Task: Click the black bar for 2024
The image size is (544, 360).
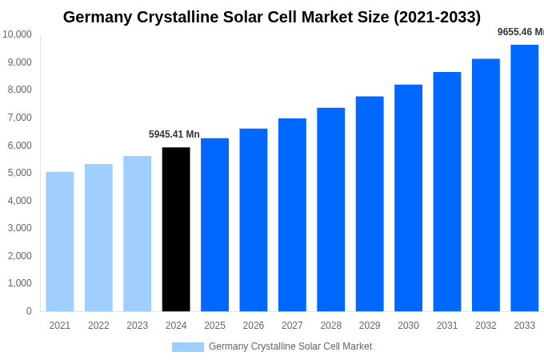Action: [176, 229]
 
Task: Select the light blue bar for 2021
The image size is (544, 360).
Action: [60, 242]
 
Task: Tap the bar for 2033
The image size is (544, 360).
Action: [525, 178]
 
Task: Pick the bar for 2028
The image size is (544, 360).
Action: [330, 210]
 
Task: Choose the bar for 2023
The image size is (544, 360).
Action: [138, 234]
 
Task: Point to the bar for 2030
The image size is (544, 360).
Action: [408, 198]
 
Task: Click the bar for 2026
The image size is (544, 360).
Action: [254, 220]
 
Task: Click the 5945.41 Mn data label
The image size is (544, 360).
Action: [174, 134]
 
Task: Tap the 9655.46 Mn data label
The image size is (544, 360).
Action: [520, 32]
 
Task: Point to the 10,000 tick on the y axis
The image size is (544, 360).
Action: [17, 34]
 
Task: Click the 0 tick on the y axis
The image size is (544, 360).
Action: [29, 311]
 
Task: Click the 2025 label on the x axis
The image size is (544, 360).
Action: [214, 326]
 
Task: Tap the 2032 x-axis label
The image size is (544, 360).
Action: [486, 326]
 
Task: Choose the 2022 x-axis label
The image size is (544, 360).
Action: [98, 326]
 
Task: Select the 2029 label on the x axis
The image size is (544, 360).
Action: [370, 326]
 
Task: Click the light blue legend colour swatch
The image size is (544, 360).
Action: [188, 347]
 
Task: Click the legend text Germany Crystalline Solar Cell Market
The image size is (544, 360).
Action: [290, 346]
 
